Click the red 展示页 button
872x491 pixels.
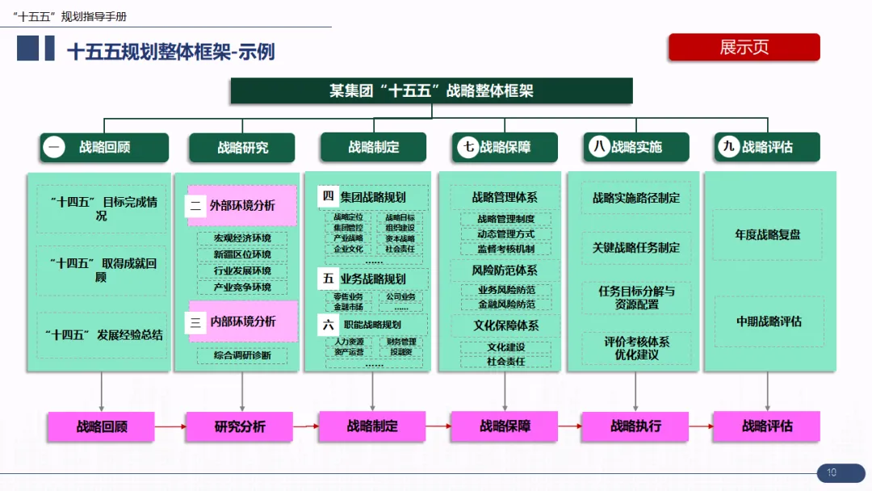(744, 47)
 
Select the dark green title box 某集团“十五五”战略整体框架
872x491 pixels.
(431, 90)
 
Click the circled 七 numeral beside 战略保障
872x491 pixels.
(467, 147)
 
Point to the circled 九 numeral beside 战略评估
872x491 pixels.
(729, 147)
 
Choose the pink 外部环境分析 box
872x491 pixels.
(242, 206)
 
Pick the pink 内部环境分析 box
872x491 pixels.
(242, 321)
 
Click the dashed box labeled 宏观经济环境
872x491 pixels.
(242, 238)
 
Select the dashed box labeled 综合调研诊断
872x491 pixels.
(242, 355)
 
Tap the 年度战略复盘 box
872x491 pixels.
(767, 235)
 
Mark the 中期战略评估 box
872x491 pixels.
(768, 321)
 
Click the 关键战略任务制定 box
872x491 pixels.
(636, 248)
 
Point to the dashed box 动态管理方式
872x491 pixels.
(505, 234)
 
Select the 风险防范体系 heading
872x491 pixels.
(505, 271)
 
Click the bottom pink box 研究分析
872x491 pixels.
(240, 426)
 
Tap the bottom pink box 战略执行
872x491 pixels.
(635, 426)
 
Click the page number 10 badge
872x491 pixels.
(831, 473)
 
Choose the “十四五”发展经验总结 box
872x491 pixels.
(103, 334)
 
